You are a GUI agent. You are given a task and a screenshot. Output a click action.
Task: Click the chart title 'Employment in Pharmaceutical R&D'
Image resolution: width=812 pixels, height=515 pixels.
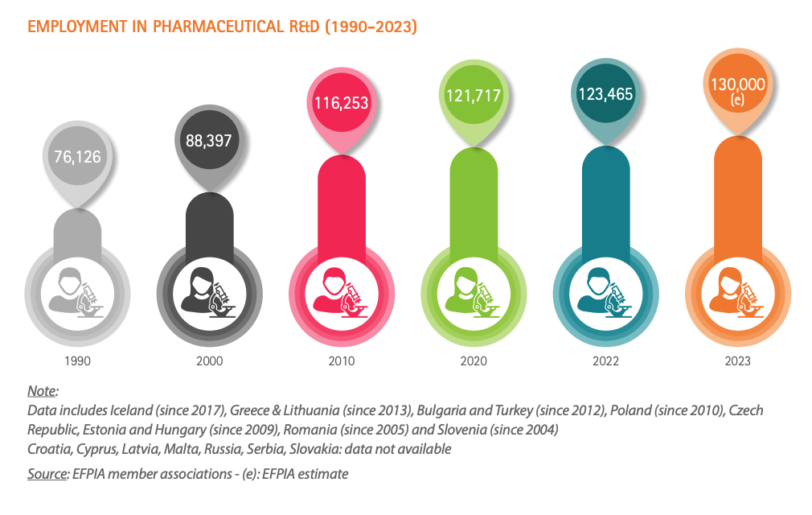point(222,27)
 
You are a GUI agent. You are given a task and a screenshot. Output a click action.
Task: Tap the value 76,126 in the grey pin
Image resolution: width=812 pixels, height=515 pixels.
point(77,156)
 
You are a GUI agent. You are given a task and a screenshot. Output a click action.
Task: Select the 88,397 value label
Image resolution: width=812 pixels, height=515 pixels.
point(208,140)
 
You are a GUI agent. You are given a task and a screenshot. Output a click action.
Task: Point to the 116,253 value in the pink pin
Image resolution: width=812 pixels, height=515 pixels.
point(342,101)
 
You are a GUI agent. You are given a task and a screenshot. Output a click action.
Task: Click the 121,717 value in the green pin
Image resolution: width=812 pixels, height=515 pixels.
point(474,96)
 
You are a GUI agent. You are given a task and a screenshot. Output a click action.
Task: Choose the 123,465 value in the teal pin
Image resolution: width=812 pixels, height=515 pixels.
point(605,94)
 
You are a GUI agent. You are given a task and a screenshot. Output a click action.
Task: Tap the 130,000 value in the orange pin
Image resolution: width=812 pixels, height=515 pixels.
point(736,84)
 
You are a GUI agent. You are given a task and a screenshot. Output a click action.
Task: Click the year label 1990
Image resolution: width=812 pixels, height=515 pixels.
point(77,361)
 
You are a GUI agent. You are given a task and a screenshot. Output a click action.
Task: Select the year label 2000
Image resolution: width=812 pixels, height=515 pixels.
point(209,361)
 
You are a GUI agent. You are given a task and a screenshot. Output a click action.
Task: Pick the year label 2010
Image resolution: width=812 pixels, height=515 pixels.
point(342,361)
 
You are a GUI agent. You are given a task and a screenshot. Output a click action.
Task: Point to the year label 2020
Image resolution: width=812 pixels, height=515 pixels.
point(474,361)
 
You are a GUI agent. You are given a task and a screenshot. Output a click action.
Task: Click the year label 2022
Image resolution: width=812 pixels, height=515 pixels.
point(605,361)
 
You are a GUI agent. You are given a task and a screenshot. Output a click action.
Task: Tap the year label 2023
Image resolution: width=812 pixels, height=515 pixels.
point(736,361)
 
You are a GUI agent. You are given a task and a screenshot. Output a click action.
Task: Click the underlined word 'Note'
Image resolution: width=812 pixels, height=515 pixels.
point(42,391)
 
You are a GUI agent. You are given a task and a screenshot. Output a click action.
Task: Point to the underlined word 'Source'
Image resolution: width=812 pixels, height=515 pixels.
point(47,474)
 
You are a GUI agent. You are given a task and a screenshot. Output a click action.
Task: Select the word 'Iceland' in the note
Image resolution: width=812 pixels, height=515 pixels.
point(125,410)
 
